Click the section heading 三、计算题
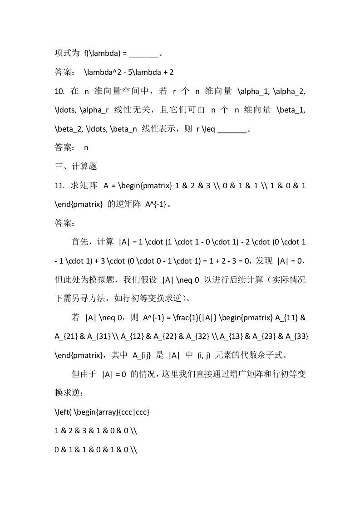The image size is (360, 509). pyautogui.click(x=76, y=166)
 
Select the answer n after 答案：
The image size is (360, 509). pyautogui.click(x=86, y=147)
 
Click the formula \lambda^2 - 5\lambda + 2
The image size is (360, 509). pyautogui.click(x=129, y=72)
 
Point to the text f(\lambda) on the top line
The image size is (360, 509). pyautogui.click(x=102, y=53)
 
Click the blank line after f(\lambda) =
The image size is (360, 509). pyautogui.click(x=143, y=53)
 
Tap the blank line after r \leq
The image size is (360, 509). pyautogui.click(x=232, y=128)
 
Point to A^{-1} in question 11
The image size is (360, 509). pyautogui.click(x=156, y=204)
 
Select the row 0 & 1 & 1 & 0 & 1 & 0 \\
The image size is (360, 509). pyautogui.click(x=96, y=450)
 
